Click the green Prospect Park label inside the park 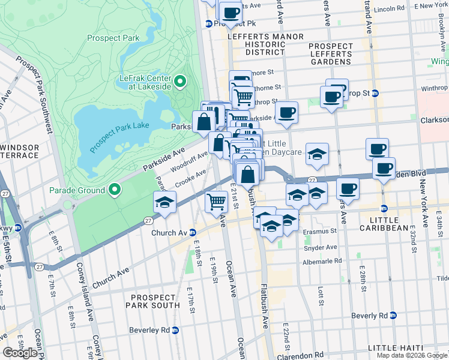(x=113, y=38)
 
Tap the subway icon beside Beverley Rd (x=175, y=330)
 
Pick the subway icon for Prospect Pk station (x=209, y=24)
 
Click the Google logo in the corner (x=21, y=353)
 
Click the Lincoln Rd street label (x=388, y=10)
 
